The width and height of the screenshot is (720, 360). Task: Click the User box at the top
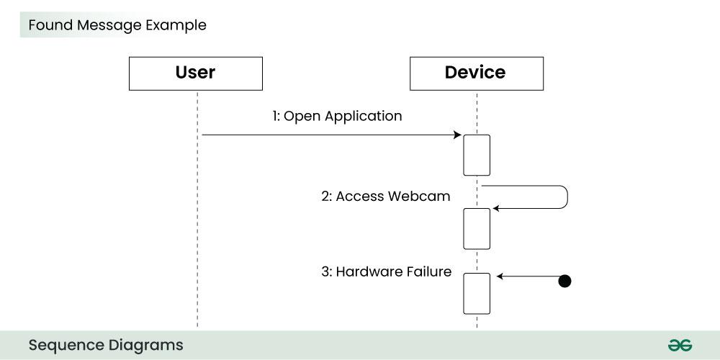[195, 73]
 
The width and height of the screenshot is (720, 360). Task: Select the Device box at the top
[476, 73]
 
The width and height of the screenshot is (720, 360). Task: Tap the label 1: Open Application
[337, 116]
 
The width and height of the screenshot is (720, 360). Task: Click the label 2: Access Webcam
[386, 196]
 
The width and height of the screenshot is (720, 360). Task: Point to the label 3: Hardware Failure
[386, 272]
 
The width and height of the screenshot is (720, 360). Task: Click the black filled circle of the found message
[565, 281]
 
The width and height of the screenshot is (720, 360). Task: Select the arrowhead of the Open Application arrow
[457, 135]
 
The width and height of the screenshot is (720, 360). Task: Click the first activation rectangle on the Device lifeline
[477, 155]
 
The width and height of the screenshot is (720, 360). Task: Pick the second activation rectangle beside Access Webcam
[477, 228]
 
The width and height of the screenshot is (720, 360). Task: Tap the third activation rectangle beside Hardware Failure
[477, 293]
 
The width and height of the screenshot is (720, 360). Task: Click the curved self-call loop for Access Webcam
[567, 197]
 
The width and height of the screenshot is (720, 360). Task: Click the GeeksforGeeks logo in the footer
[679, 346]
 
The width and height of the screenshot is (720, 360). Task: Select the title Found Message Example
[117, 25]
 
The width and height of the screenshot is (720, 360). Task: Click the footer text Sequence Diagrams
[106, 345]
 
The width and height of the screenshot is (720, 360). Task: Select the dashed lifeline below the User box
[197, 216]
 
